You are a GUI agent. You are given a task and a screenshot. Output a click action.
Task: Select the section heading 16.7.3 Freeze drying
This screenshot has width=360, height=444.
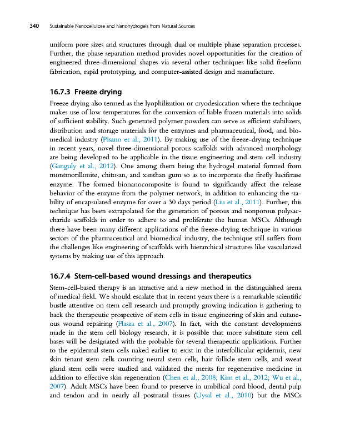(x=86, y=92)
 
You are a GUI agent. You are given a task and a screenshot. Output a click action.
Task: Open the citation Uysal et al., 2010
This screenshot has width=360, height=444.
(x=222, y=395)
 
